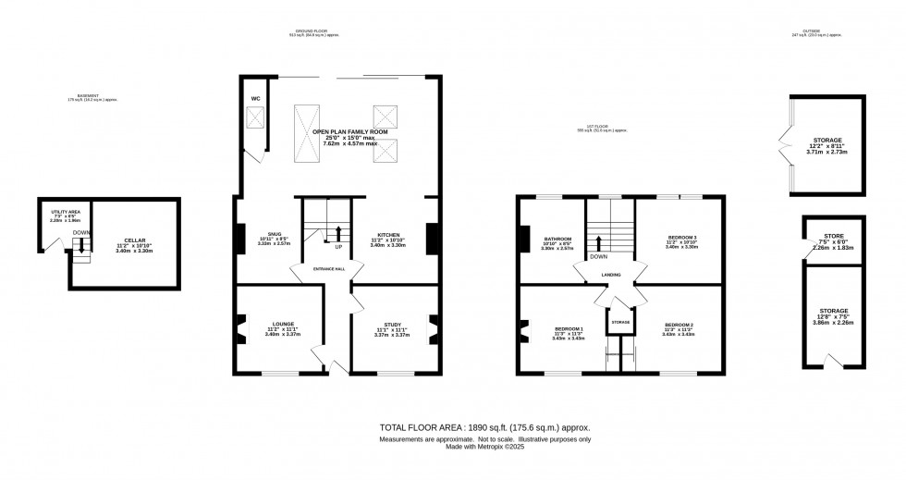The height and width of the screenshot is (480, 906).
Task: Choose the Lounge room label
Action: (283, 324)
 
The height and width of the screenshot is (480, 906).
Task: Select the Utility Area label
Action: (65, 213)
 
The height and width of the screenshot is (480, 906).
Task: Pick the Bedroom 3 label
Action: (682, 238)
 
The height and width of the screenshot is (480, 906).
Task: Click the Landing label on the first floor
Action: (610, 275)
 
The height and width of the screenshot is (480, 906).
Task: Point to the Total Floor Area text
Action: (485, 428)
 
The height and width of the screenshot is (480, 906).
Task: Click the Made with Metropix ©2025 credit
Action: (485, 449)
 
